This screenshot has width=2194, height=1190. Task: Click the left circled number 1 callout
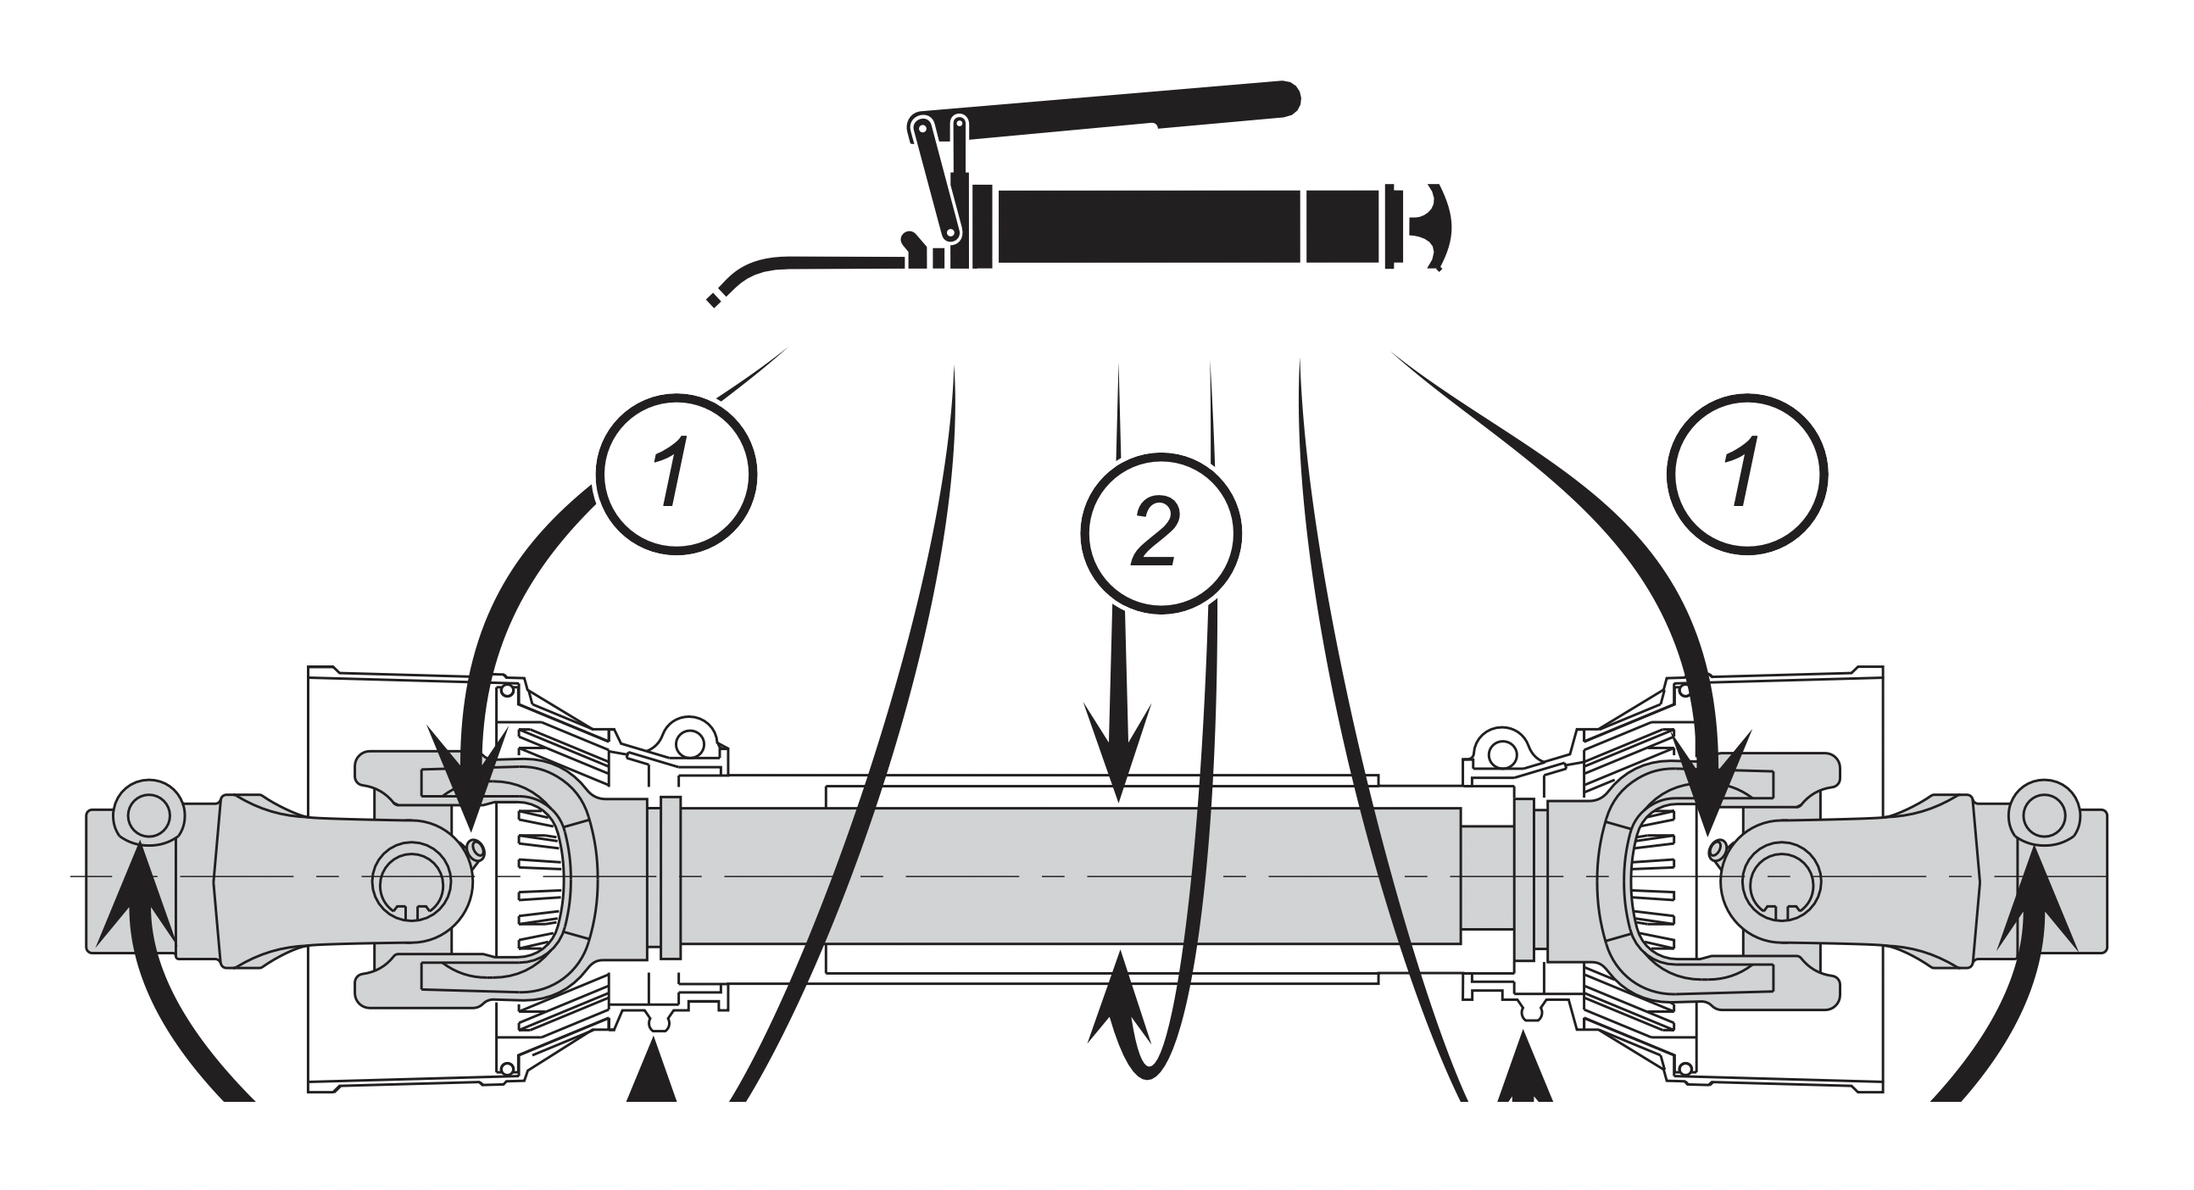(x=678, y=474)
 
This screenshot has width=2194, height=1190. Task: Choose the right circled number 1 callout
(x=1748, y=474)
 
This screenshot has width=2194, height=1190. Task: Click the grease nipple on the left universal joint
(x=476, y=848)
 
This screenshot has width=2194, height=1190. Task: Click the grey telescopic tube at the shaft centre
(x=1065, y=876)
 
